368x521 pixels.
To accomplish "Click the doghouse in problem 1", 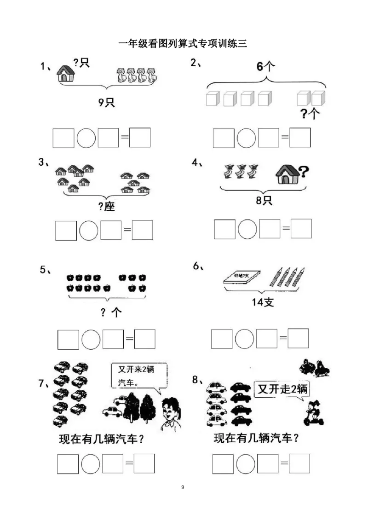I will pyautogui.click(x=66, y=74).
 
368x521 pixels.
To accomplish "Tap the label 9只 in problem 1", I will pyautogui.click(x=107, y=102).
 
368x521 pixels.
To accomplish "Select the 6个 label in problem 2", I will pyautogui.click(x=266, y=67).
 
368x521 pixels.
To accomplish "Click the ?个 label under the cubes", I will pyautogui.click(x=310, y=114).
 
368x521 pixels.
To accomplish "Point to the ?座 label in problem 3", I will pyautogui.click(x=107, y=207).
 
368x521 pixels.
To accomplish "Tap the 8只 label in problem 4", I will pyautogui.click(x=264, y=200).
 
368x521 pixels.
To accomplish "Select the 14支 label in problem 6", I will pyautogui.click(x=263, y=302).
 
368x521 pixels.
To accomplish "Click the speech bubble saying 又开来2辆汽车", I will pyautogui.click(x=139, y=376).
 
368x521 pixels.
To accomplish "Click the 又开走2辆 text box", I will pyautogui.click(x=282, y=389).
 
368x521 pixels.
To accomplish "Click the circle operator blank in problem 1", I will pyautogui.click(x=86, y=138).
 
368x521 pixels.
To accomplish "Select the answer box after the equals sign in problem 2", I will pyautogui.click(x=300, y=138).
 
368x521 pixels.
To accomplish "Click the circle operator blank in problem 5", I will pyautogui.click(x=91, y=340).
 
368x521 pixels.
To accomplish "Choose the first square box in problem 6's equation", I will pyautogui.click(x=222, y=339).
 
